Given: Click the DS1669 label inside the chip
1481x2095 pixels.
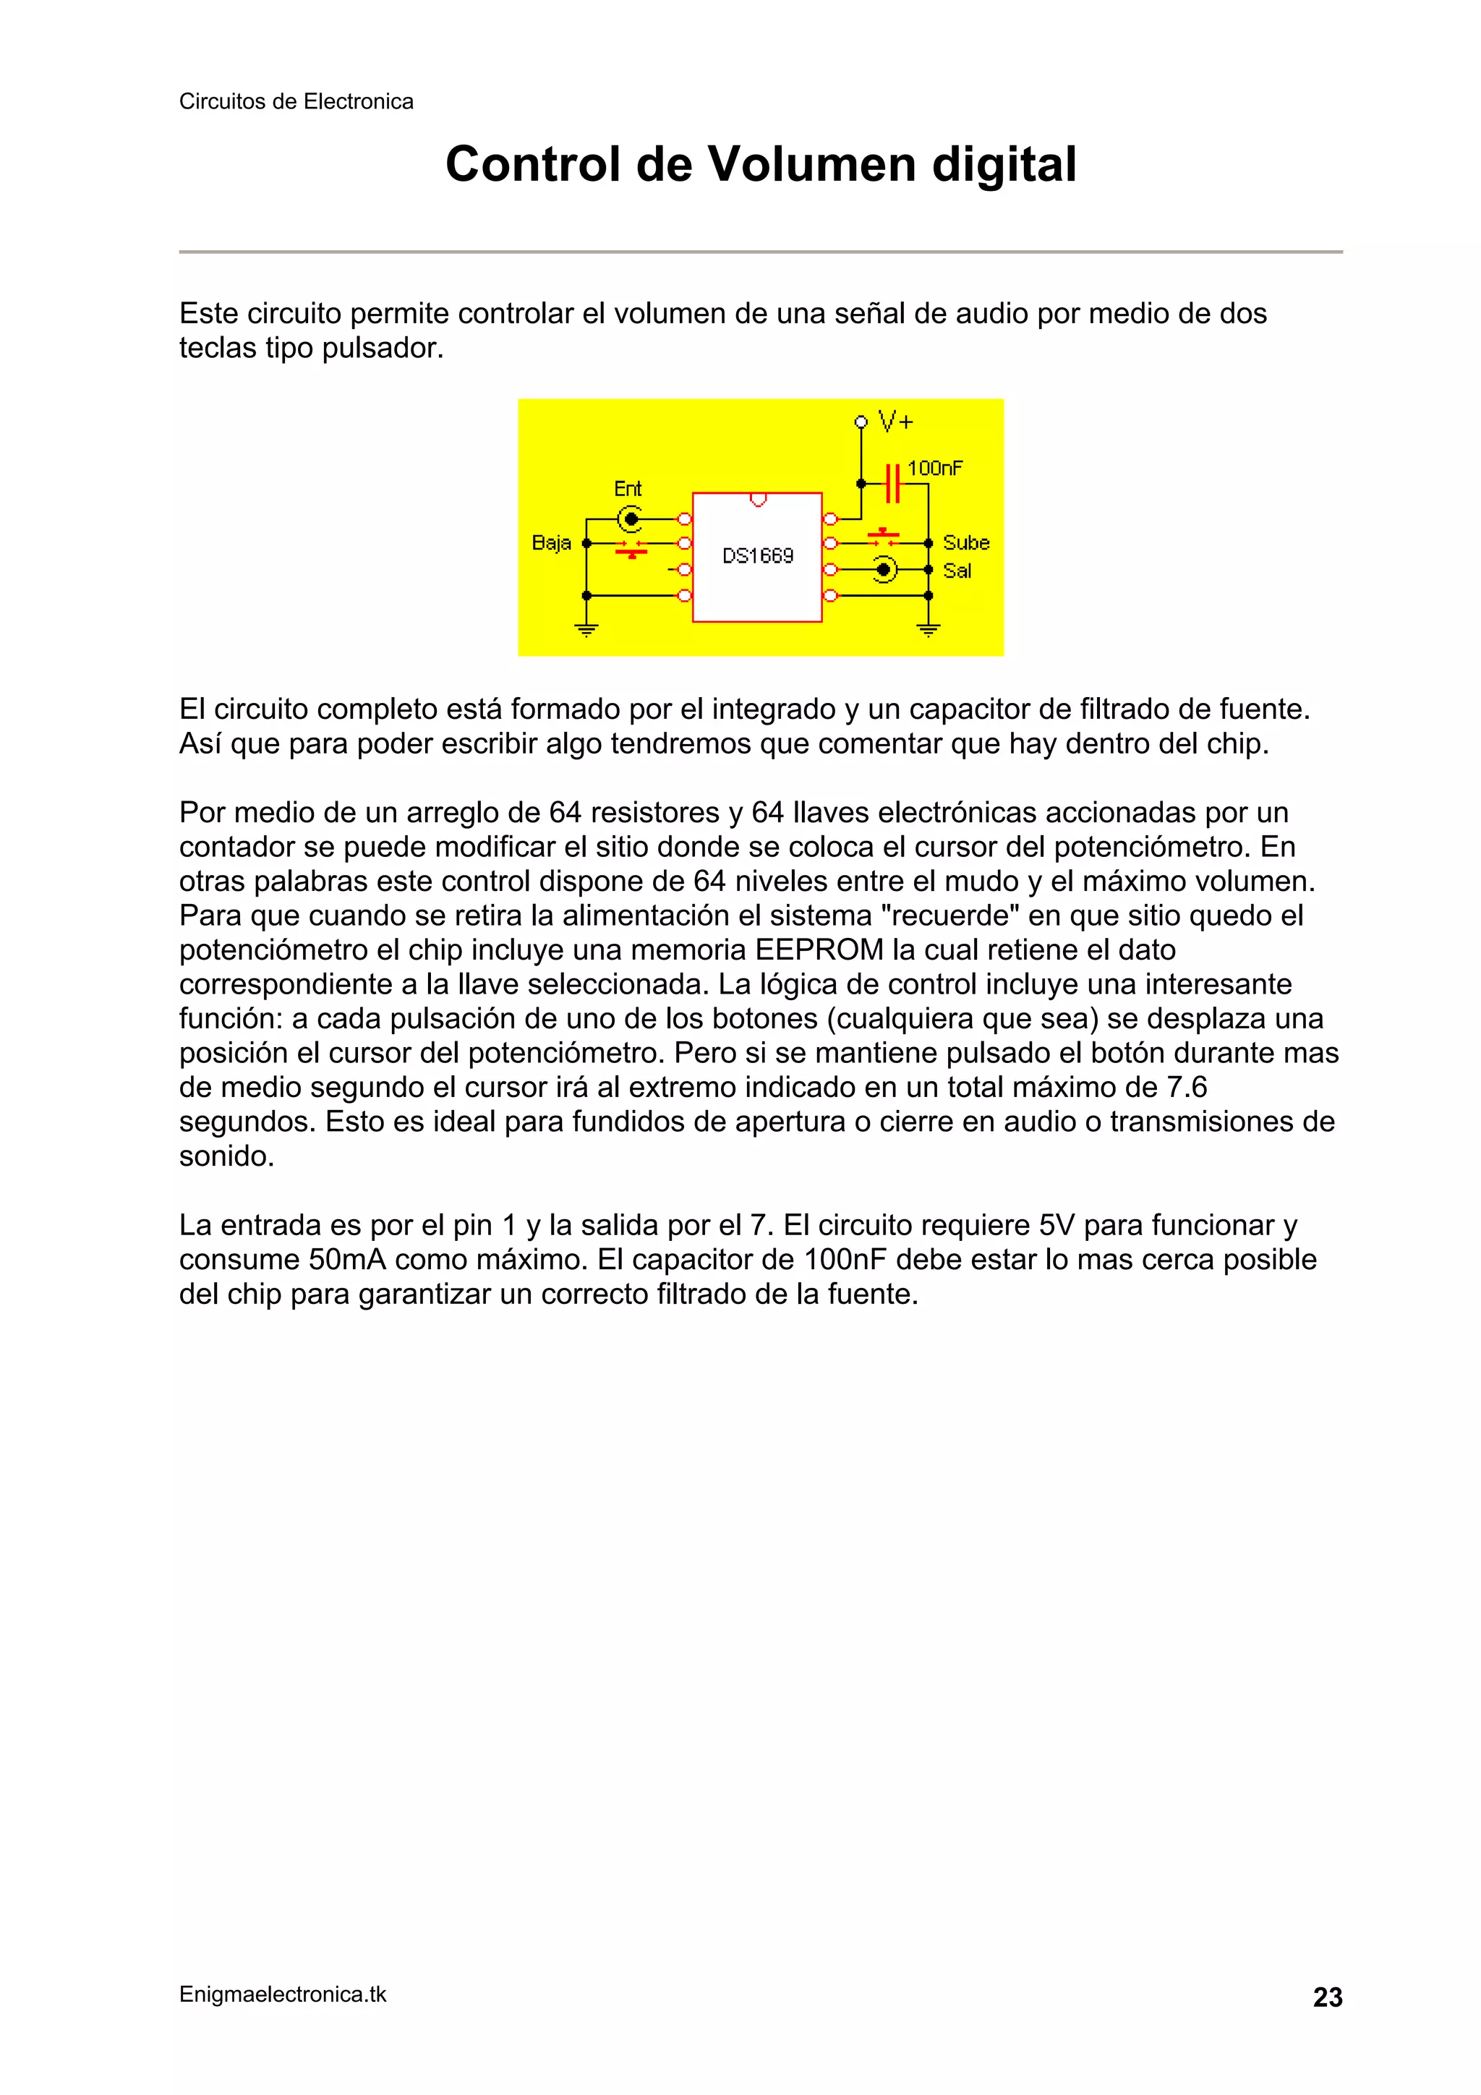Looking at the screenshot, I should tap(757, 555).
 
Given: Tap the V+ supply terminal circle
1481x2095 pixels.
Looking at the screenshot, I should tap(860, 422).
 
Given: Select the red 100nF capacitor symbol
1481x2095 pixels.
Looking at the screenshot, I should tap(893, 482).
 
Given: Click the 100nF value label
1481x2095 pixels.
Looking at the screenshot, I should tap(934, 468).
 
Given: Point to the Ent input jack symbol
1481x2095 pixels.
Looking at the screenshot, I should tap(630, 519).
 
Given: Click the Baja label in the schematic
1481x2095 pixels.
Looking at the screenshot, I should tap(551, 543).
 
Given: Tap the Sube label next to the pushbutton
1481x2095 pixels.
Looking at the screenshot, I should tap(965, 543).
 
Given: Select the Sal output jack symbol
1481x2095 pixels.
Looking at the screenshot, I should tap(883, 571).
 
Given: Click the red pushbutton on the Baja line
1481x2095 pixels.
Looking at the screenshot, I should tap(631, 547).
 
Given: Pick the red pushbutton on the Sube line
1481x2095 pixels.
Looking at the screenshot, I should tap(882, 537).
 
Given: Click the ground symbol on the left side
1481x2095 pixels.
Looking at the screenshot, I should tap(586, 628).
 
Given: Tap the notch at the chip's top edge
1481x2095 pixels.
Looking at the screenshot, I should tap(757, 499).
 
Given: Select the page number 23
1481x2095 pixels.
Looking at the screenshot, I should tap(1327, 1997).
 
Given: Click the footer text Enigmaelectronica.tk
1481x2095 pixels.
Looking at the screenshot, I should tap(283, 1994).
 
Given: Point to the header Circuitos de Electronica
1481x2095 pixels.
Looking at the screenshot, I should tap(296, 101).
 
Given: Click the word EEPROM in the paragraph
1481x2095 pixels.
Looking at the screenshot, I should tap(819, 950).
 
